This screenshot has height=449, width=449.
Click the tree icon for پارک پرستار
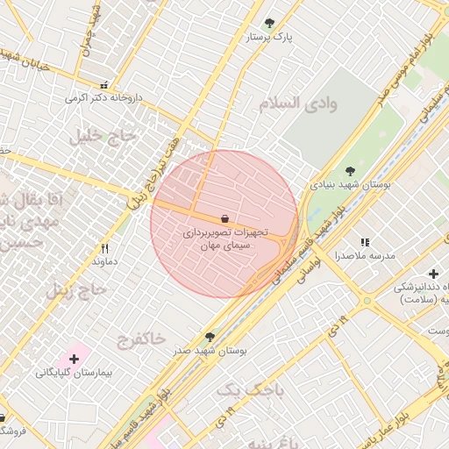tap(269, 23)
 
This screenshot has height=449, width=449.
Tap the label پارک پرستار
tap(268, 37)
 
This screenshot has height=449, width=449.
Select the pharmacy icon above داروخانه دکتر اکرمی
tap(104, 85)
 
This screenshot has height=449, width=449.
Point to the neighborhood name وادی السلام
tap(298, 103)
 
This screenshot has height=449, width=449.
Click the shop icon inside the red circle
tap(224, 218)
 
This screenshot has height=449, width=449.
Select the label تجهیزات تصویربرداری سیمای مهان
tap(224, 241)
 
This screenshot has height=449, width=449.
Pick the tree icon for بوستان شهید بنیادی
tap(350, 171)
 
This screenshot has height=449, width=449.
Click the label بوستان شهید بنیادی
tap(350, 185)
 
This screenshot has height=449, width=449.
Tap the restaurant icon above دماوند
tap(105, 248)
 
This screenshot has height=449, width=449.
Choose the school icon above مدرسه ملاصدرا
tap(365, 242)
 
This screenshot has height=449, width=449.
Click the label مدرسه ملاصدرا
tap(364, 256)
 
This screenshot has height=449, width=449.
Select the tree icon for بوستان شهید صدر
tap(209, 336)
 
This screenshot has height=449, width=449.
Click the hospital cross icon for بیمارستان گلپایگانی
tap(74, 358)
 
